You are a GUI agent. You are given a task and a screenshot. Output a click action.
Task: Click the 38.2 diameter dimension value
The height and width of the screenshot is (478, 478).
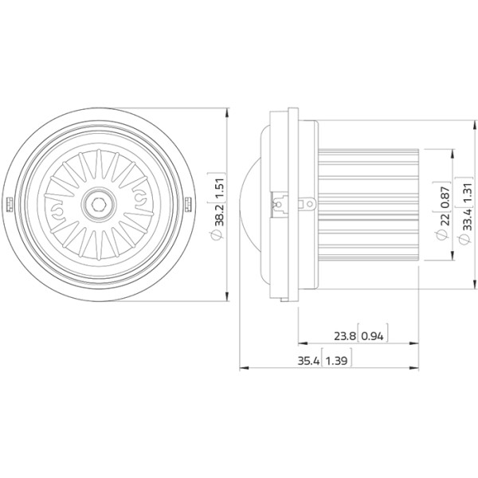(x=220, y=214)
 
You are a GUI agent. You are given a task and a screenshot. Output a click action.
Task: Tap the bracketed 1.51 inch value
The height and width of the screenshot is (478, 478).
(x=220, y=188)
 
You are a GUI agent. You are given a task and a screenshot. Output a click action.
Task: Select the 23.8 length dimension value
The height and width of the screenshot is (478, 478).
(x=345, y=336)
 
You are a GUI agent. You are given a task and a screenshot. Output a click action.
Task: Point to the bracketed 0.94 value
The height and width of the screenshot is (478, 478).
(x=373, y=336)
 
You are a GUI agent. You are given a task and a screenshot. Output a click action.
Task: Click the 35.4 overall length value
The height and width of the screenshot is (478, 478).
(x=308, y=361)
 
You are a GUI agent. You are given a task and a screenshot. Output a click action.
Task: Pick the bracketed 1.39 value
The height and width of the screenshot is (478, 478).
(x=336, y=361)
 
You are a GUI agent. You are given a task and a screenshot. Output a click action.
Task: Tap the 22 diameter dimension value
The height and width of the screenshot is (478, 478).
(x=445, y=220)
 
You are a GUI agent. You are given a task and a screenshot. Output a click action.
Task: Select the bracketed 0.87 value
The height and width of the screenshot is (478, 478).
(x=445, y=197)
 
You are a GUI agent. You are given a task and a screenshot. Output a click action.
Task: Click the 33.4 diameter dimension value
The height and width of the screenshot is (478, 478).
(x=468, y=220)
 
